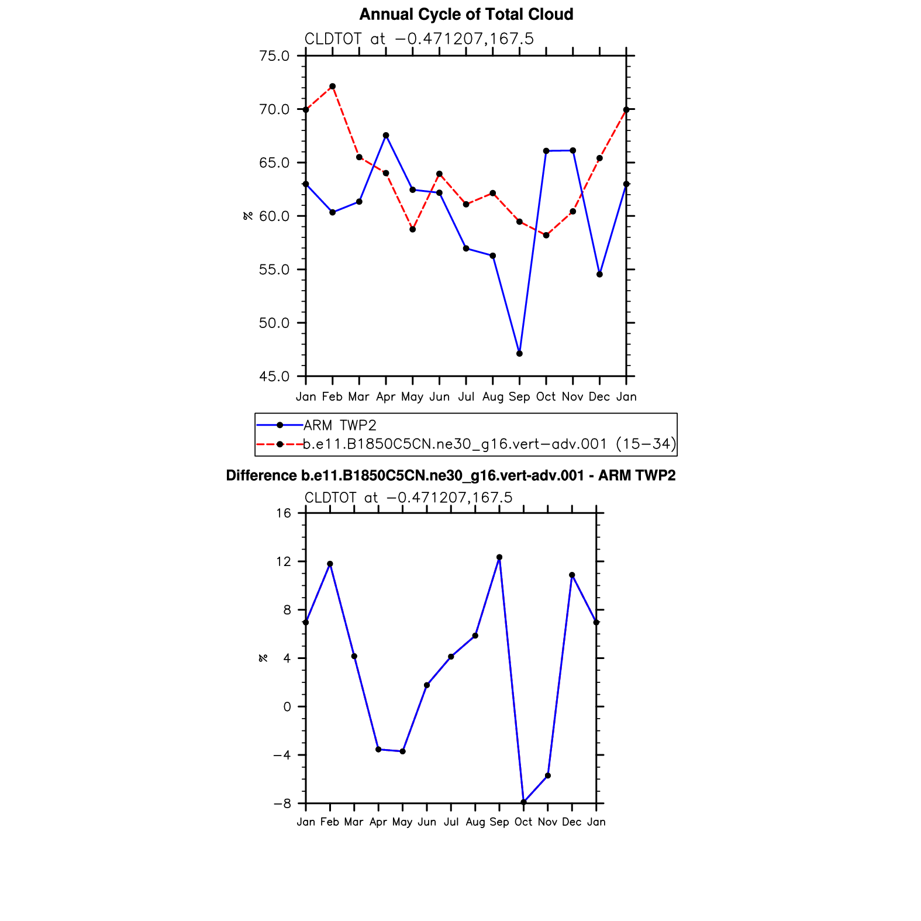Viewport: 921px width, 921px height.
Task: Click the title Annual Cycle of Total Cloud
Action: click(x=466, y=15)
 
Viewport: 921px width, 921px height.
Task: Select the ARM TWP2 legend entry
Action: click(x=339, y=425)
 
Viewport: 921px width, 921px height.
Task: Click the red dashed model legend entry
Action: click(x=489, y=444)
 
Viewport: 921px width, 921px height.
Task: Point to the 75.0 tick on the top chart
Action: click(x=274, y=56)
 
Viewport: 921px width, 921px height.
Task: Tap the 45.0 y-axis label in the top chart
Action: click(x=274, y=377)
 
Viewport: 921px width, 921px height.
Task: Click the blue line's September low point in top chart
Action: click(x=519, y=354)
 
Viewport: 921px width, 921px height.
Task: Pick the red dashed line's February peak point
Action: click(x=332, y=87)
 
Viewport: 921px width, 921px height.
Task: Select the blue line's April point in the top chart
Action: click(x=386, y=136)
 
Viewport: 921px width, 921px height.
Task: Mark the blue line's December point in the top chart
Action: click(x=599, y=274)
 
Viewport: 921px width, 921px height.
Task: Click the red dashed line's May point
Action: click(x=412, y=229)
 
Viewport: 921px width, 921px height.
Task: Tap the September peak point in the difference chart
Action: click(x=499, y=557)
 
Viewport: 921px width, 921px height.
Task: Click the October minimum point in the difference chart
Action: click(x=523, y=802)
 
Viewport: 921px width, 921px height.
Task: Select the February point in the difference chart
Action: click(x=330, y=564)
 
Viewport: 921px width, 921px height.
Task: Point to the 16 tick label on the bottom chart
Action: click(x=284, y=513)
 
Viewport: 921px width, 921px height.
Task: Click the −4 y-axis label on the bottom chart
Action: click(x=282, y=755)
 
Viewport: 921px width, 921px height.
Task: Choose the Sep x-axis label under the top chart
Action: click(x=519, y=397)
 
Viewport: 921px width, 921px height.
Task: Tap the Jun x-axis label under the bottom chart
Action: click(x=427, y=822)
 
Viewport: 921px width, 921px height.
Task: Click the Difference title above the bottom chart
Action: click(x=450, y=476)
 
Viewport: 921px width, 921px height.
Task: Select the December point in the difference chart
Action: click(x=572, y=575)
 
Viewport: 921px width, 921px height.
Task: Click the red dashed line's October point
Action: click(x=546, y=235)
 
